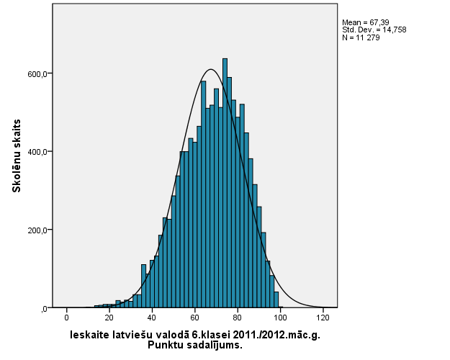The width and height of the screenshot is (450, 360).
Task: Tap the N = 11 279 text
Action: (x=361, y=37)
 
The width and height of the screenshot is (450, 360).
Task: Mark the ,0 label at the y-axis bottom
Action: (x=44, y=309)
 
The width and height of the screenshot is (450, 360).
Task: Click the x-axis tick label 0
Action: (x=67, y=318)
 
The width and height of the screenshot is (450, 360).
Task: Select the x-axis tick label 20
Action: (x=109, y=318)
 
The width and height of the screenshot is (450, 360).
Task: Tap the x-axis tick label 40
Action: (x=152, y=318)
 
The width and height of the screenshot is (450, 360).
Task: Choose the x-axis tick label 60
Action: (x=195, y=318)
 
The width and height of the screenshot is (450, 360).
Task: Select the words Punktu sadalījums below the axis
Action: (x=194, y=345)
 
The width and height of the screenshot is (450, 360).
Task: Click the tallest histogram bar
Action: (x=225, y=180)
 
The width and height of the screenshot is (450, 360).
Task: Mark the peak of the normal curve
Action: (x=210, y=70)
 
